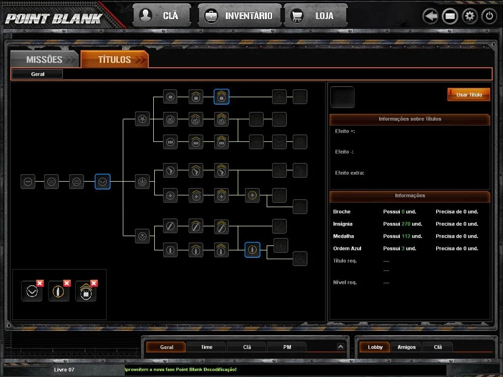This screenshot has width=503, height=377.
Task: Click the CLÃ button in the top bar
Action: [x=162, y=15]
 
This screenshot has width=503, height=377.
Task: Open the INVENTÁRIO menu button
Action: [x=240, y=15]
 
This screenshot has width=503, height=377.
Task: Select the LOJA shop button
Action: [x=315, y=15]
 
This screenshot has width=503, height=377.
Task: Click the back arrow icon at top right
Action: [x=430, y=16]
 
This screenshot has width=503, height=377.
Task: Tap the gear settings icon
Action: [x=470, y=16]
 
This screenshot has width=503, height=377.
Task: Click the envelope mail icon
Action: [x=450, y=16]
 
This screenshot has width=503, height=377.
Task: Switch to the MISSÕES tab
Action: [x=45, y=59]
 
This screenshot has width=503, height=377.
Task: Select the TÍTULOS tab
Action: [x=114, y=59]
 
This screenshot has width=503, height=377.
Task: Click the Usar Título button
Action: [x=469, y=95]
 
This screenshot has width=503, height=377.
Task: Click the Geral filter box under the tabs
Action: [x=37, y=74]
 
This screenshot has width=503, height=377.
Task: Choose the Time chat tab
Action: [x=207, y=347]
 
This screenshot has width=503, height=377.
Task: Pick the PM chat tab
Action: [x=287, y=347]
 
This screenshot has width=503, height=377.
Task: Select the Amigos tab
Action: [x=406, y=347]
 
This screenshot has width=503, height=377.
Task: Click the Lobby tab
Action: [x=375, y=347]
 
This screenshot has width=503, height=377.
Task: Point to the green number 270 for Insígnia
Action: [x=406, y=224]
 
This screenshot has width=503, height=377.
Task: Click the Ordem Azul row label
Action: [x=347, y=248]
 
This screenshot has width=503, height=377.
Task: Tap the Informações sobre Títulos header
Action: [x=410, y=119]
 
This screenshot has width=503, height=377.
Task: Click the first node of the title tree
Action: [x=28, y=182]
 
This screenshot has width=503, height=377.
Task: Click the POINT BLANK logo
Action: [x=54, y=19]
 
